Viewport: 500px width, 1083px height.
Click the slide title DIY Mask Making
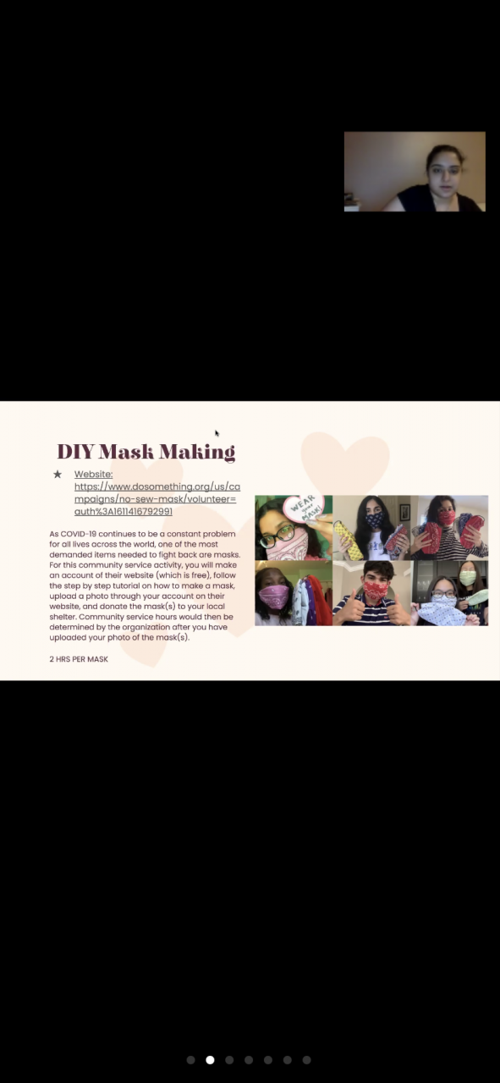tap(146, 452)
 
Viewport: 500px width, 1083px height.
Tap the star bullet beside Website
tap(58, 475)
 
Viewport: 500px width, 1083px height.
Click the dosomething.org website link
tap(157, 499)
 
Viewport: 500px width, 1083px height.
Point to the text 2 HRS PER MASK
tap(79, 659)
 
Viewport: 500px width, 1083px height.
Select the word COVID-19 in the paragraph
tap(79, 534)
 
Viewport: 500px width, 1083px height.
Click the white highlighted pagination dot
tap(210, 1060)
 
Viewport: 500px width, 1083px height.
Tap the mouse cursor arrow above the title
tap(217, 433)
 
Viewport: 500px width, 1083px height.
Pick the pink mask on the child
tap(274, 596)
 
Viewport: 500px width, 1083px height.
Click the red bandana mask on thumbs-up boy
tap(376, 591)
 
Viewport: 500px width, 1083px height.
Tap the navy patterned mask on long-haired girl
tap(374, 520)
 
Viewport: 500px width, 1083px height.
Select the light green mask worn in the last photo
tap(468, 578)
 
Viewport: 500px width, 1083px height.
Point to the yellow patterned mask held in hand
tap(349, 540)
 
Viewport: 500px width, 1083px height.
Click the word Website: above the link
tap(93, 475)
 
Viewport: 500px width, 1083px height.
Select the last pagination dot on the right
tap(306, 1060)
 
